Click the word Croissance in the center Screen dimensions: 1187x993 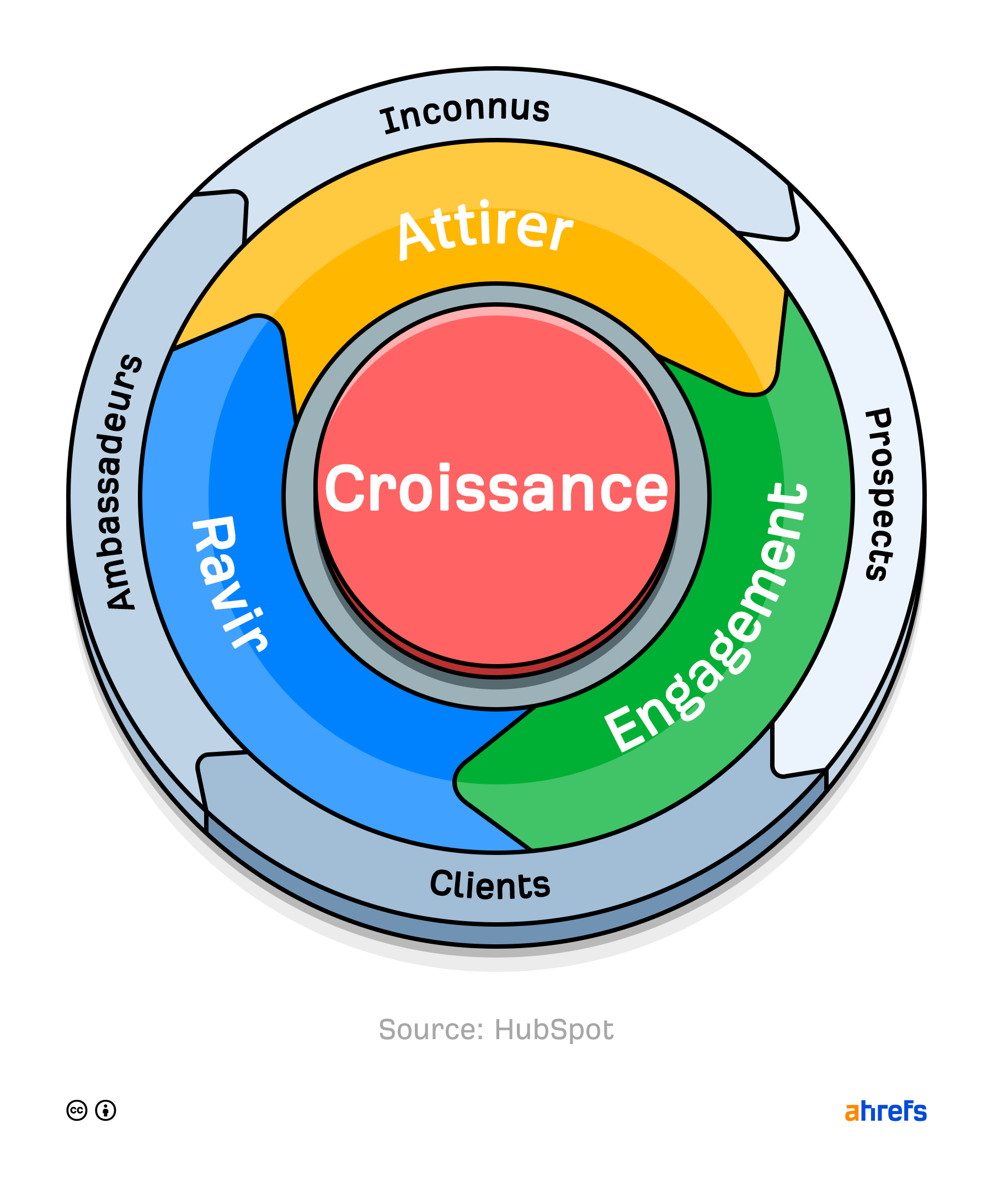click(x=496, y=488)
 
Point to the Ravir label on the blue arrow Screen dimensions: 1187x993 click(x=229, y=582)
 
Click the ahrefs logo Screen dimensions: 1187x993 click(x=885, y=1111)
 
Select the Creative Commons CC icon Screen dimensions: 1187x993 click(x=77, y=1111)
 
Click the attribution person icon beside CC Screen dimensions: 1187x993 click(x=106, y=1111)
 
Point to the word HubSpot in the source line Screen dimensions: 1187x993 click(x=554, y=1029)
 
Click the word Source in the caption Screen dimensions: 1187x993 click(x=431, y=1029)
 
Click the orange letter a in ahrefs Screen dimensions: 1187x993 click(x=852, y=1113)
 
